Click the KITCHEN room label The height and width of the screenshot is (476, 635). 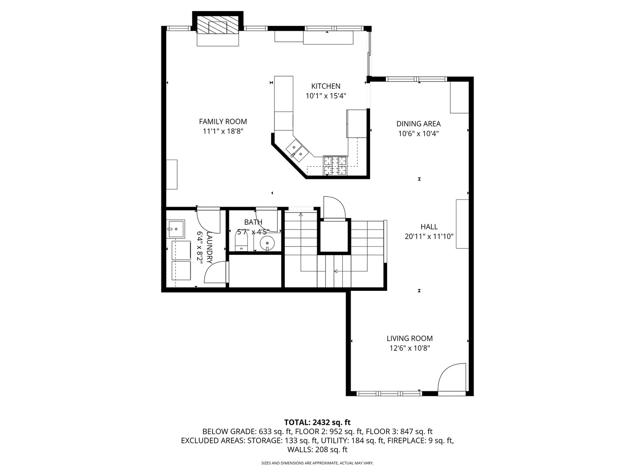[326, 86]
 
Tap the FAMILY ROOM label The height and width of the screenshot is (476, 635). [223, 122]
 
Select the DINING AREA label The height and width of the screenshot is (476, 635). [418, 124]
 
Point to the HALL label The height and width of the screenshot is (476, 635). [429, 227]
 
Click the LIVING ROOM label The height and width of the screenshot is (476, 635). [410, 338]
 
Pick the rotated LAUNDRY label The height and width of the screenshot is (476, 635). [209, 247]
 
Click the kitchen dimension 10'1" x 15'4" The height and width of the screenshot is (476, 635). [326, 96]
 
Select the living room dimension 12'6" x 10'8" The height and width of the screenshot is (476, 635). [410, 348]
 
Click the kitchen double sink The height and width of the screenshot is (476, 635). [297, 150]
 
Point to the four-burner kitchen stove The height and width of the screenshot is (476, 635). [335, 165]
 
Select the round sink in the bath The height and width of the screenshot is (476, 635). [267, 243]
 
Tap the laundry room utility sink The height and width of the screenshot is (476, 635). [176, 229]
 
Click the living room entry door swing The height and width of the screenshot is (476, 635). [452, 379]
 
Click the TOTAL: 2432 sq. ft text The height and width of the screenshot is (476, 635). [317, 422]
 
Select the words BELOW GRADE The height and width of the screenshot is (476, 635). [229, 432]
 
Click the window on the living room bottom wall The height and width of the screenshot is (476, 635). [389, 393]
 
